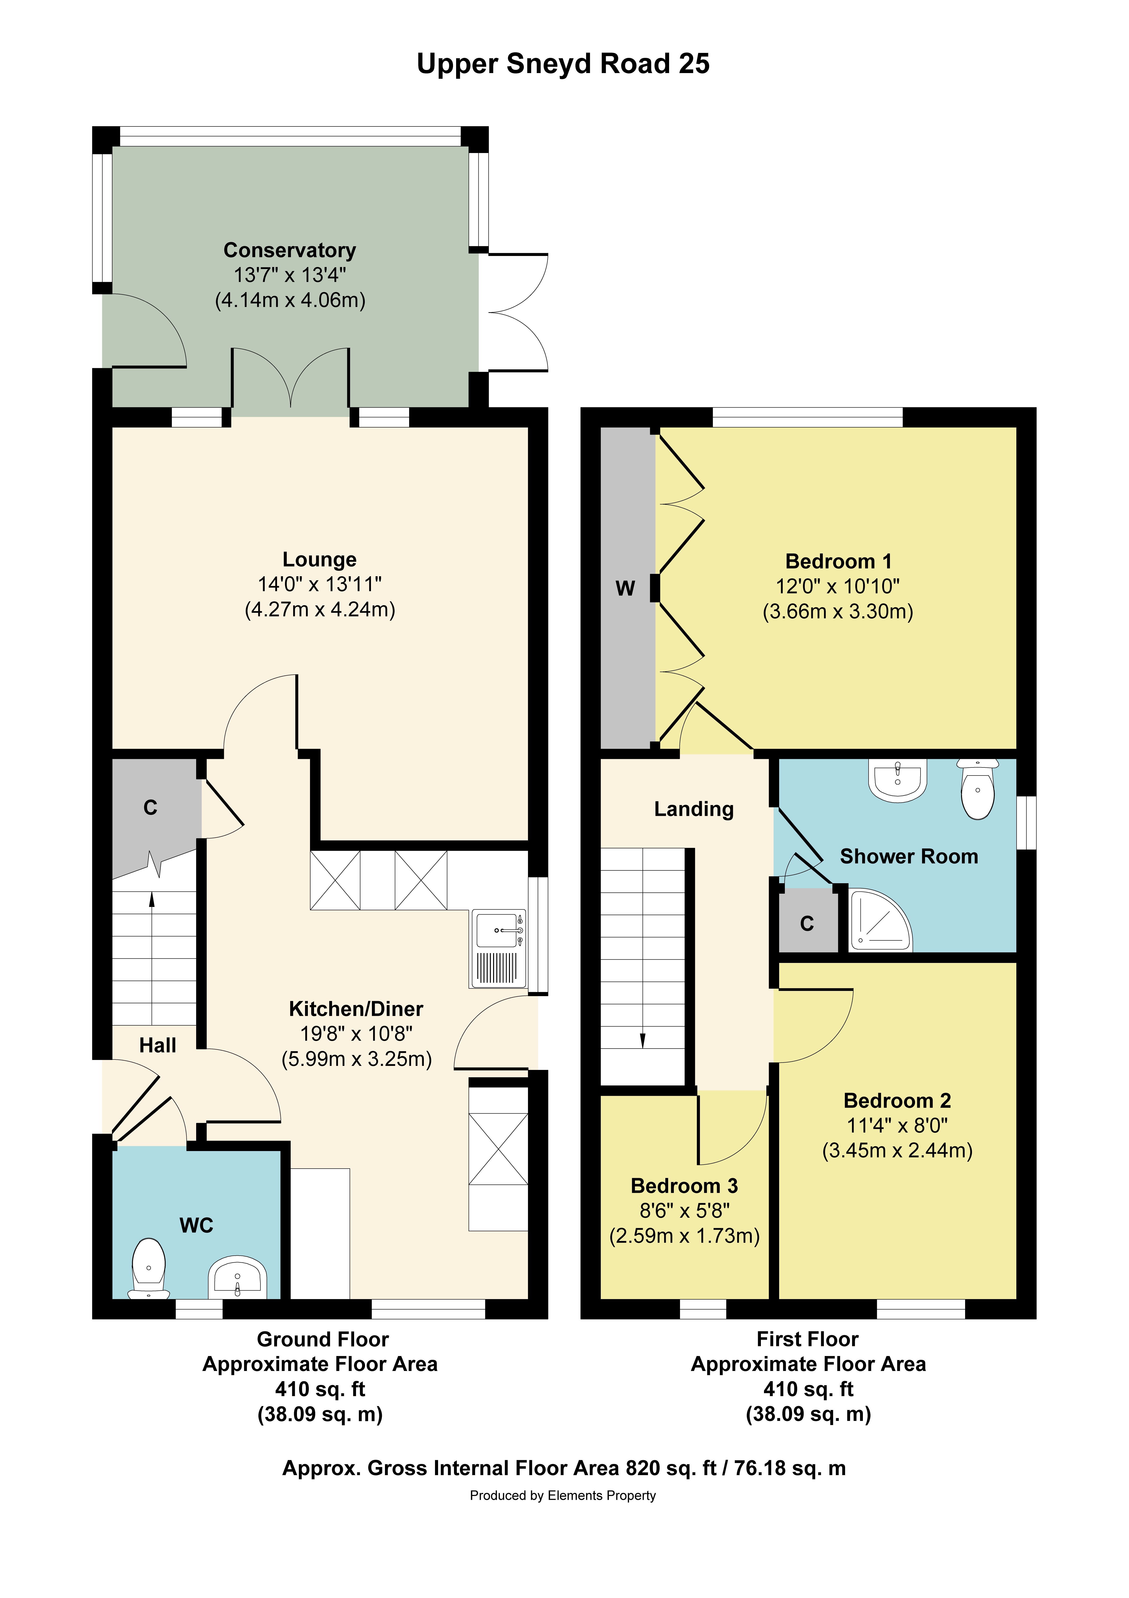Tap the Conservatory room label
290,250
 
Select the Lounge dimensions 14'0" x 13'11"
319,584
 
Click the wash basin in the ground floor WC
237,1277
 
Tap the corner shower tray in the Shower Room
879,921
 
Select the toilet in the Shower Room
978,790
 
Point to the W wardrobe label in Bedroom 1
625,589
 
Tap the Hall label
157,1045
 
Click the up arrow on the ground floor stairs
152,900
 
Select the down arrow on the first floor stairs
643,1040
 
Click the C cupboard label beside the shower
807,924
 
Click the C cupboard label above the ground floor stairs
150,807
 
